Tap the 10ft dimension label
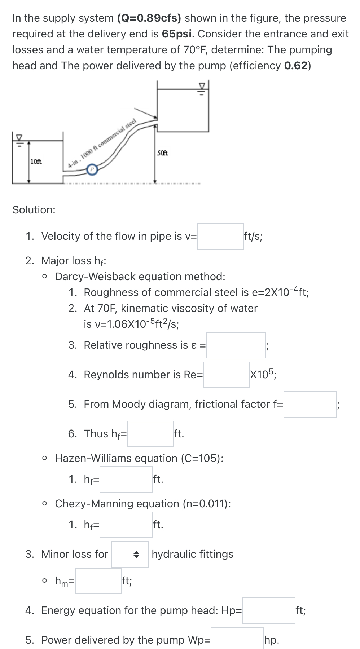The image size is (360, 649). tap(36, 161)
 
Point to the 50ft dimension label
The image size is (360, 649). tap(163, 153)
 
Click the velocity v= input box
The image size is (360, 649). tap(220, 237)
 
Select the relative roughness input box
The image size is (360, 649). tap(236, 345)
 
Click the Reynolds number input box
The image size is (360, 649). tap(226, 375)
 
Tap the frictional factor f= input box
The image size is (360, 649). tap(310, 405)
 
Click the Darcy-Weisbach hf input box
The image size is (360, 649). tap(150, 434)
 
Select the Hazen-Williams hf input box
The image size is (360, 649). tap(126, 480)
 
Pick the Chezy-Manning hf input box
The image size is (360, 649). tap(126, 525)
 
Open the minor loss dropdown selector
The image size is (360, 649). tap(130, 555)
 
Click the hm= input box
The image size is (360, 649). tap(98, 581)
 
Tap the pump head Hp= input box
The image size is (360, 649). tap(268, 611)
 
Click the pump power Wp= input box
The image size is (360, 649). tap(237, 640)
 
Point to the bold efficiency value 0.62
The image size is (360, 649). tap(296, 66)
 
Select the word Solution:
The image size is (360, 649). tap(34, 210)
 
